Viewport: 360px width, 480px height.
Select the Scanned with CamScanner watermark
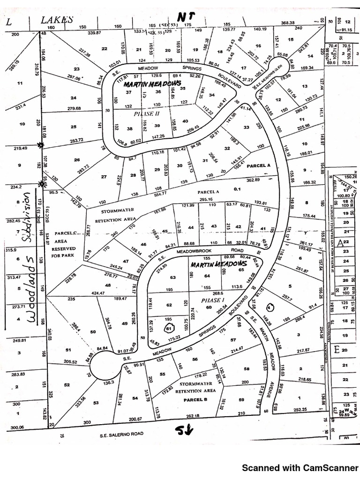(x=300, y=468)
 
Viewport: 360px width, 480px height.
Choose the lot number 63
(x=173, y=277)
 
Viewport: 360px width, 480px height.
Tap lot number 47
(x=126, y=261)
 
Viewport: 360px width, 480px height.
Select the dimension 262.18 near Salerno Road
(x=193, y=415)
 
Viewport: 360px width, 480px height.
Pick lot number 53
(x=96, y=403)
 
